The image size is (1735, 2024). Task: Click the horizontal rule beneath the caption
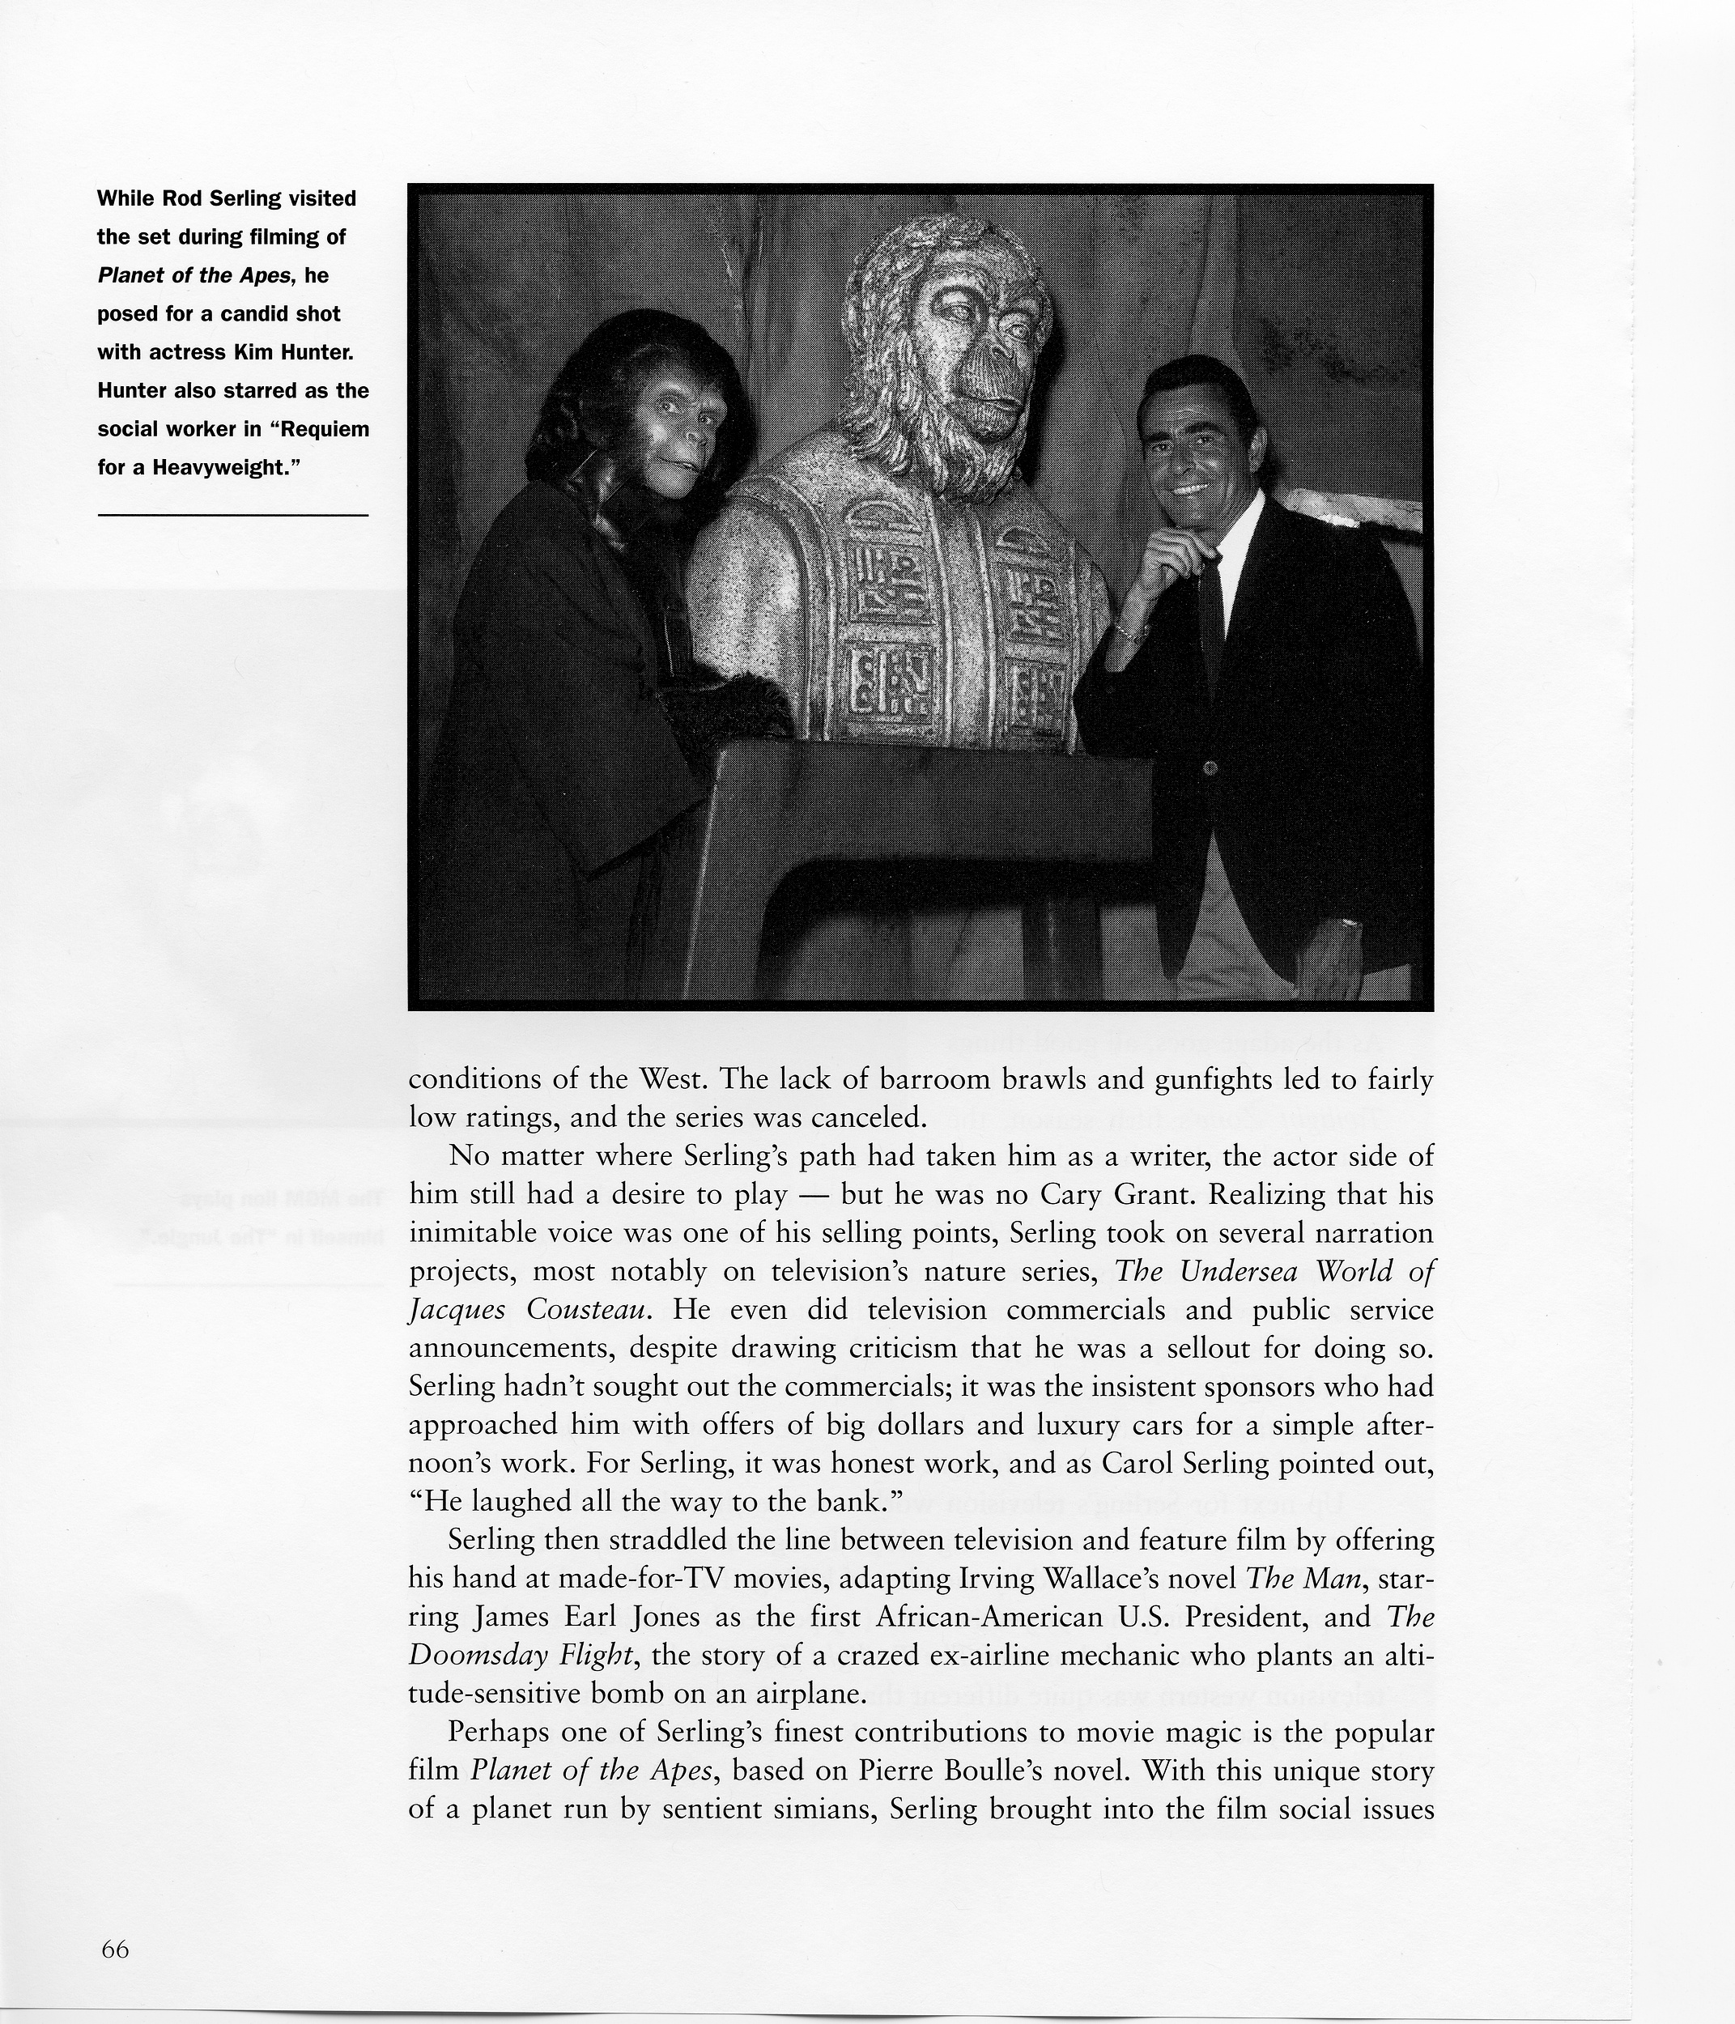click(232, 515)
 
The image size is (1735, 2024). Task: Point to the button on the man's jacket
click(1210, 768)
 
